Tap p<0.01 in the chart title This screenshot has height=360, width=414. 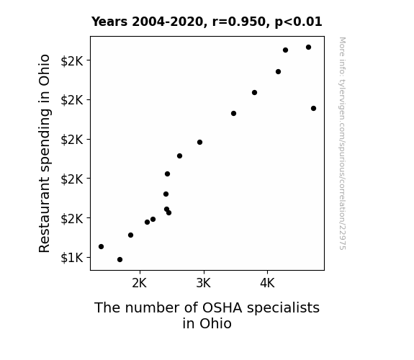point(298,22)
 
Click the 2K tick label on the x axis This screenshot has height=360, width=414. point(139,283)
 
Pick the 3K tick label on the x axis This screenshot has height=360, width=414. point(203,283)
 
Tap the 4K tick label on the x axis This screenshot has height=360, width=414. point(267,283)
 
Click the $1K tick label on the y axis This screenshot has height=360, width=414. point(72,258)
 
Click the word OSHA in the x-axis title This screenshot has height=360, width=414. point(222,308)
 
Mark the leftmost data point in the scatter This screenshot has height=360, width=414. point(101,247)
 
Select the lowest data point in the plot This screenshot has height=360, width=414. point(120,260)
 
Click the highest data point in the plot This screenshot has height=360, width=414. point(308,48)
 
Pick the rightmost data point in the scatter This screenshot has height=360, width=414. point(313,108)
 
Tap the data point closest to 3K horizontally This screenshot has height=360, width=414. point(200,143)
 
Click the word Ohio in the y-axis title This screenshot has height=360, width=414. point(44,70)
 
